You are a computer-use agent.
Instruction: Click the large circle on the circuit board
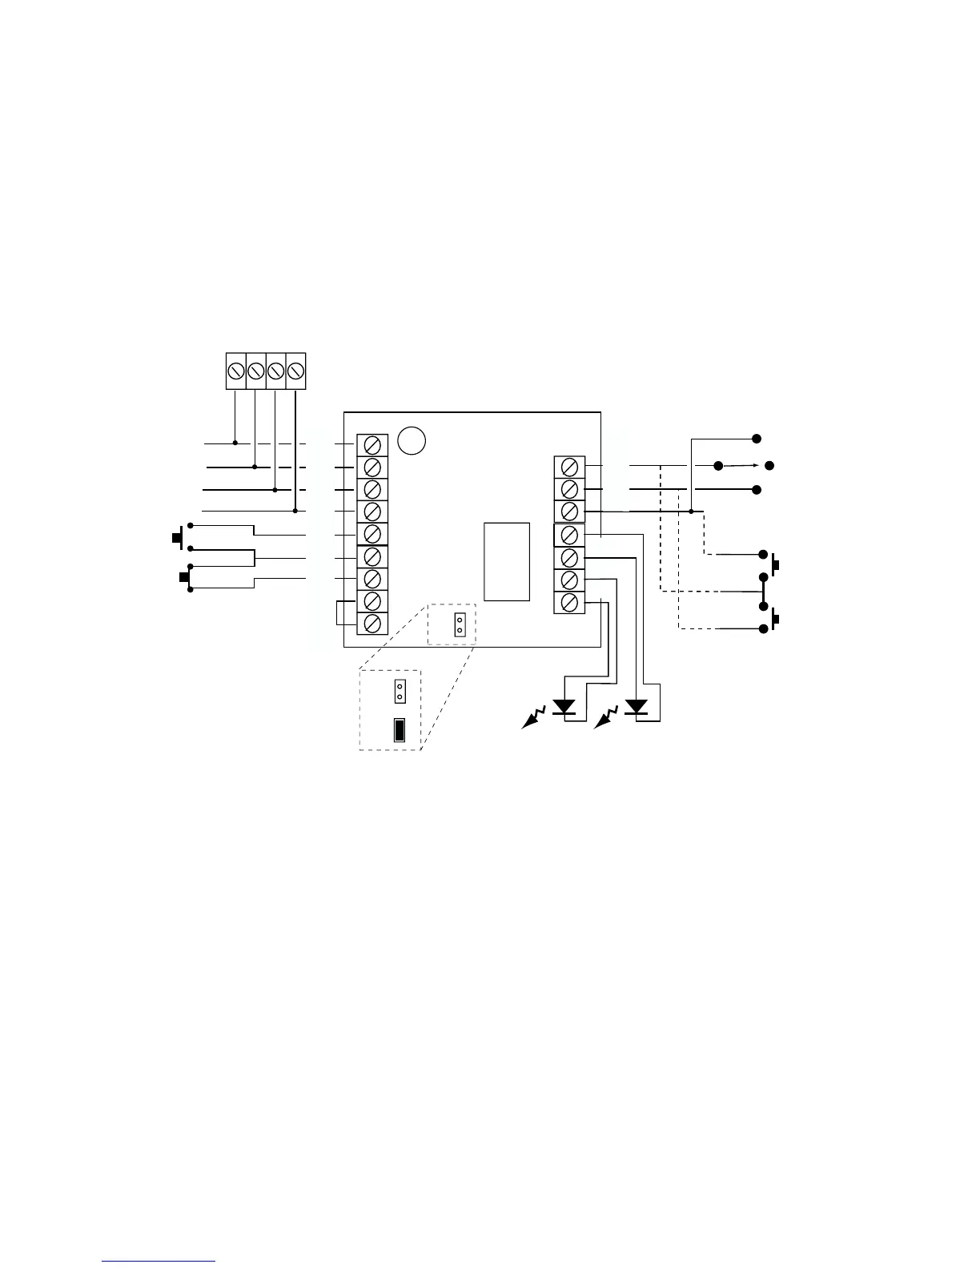click(x=412, y=439)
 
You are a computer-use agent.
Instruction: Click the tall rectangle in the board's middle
click(x=507, y=561)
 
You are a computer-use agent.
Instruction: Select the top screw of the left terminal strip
click(x=372, y=444)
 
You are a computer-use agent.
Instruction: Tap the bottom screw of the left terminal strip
click(x=372, y=623)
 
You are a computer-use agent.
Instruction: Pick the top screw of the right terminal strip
click(x=569, y=467)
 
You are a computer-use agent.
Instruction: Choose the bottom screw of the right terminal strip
click(x=569, y=602)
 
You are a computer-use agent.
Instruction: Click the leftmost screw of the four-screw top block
click(x=236, y=371)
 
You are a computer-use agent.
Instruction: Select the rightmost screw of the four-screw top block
click(x=295, y=371)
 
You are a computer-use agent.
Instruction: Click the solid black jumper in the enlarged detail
click(x=399, y=730)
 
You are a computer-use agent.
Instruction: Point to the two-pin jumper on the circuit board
click(x=460, y=624)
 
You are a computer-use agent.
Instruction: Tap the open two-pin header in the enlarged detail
click(x=400, y=691)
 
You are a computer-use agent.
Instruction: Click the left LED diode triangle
click(x=565, y=707)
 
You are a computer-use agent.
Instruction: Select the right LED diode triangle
click(x=637, y=707)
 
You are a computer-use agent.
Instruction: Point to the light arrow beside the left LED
click(x=533, y=717)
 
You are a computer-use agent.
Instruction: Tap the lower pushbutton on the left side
click(x=185, y=577)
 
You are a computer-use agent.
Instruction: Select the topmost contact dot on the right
click(x=756, y=439)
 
